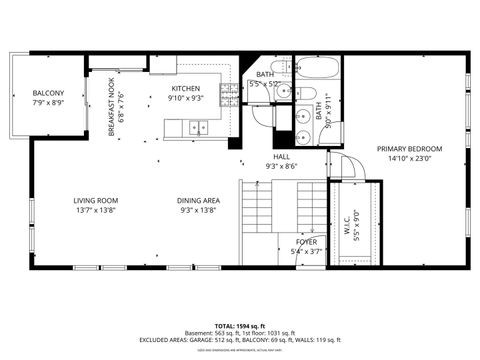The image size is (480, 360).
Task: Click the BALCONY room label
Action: (x=48, y=93)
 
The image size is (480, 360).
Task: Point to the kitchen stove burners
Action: (x=229, y=93)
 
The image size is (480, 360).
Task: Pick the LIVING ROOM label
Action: (x=95, y=200)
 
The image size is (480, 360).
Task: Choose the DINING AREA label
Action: (x=199, y=200)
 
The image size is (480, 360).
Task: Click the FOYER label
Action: (x=306, y=241)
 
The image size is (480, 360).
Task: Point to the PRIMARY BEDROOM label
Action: (x=408, y=148)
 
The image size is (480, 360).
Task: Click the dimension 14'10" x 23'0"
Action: (x=408, y=158)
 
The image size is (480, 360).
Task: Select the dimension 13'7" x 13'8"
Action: (x=95, y=210)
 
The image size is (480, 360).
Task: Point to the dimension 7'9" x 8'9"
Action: (x=48, y=103)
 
